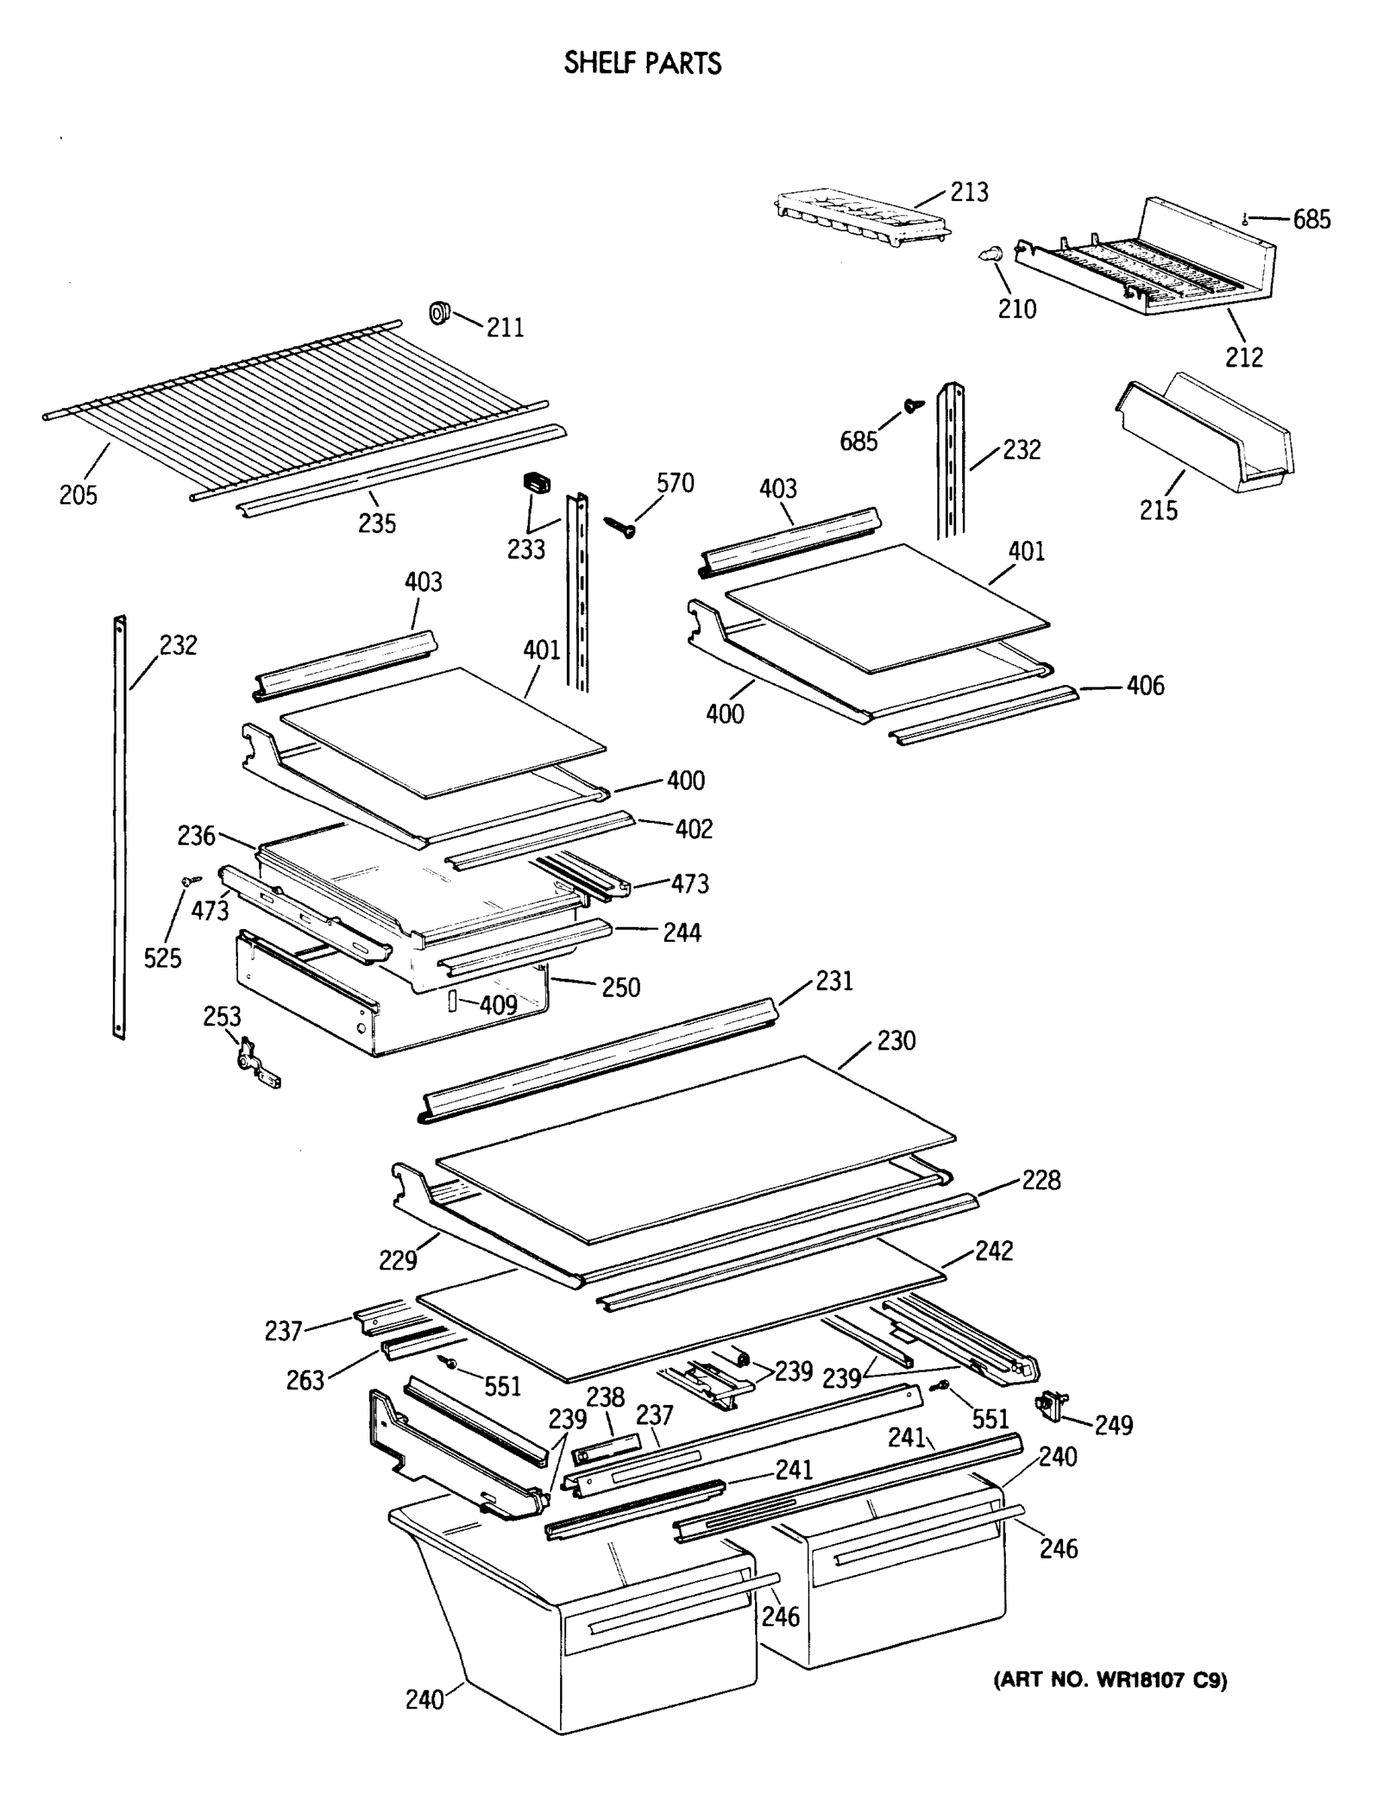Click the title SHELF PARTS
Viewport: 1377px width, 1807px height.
click(x=643, y=63)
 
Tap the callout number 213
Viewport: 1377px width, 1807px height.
click(x=969, y=193)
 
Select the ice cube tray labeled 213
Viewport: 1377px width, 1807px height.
click(x=861, y=217)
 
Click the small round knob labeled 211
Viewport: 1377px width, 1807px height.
click(x=441, y=312)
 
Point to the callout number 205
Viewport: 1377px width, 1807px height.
click(x=78, y=495)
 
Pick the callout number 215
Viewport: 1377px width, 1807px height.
click(x=1158, y=510)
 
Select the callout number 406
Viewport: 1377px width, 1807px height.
click(x=1145, y=685)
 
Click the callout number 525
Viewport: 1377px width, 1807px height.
click(x=163, y=957)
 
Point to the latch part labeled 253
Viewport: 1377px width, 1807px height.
click(x=252, y=1063)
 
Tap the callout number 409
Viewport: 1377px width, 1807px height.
click(x=498, y=1004)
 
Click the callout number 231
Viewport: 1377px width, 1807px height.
click(x=834, y=980)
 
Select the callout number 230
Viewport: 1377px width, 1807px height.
click(x=896, y=1041)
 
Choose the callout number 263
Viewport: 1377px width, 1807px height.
click(x=305, y=1380)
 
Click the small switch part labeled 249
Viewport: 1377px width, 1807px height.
click(x=1053, y=1406)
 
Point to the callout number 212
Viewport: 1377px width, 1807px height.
click(x=1244, y=356)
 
